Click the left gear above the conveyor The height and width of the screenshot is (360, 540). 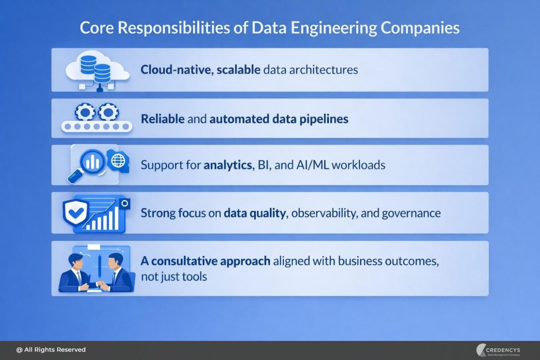tap(85, 113)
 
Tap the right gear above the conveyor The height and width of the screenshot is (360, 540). tap(108, 113)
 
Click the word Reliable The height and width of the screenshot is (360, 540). tap(163, 119)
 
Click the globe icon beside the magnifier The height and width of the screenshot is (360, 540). tap(118, 161)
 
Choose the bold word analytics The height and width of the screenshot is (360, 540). tap(228, 165)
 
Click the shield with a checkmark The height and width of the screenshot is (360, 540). tap(76, 212)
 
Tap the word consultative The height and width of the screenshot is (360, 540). tap(185, 261)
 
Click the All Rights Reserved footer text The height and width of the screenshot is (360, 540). tap(51, 350)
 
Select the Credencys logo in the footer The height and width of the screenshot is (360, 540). tap(499, 350)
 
